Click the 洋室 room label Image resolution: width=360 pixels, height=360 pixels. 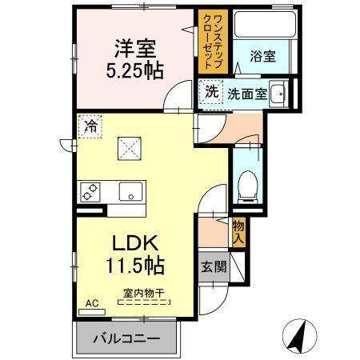tap(135, 49)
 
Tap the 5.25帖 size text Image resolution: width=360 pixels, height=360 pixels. tap(135, 71)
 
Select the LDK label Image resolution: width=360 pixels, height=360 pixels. tap(135, 243)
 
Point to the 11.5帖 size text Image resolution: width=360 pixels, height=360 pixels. tap(135, 265)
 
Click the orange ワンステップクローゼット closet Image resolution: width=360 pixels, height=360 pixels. tap(213, 42)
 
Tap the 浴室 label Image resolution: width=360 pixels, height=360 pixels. tap(262, 56)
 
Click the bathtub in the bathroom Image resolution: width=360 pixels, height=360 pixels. tap(265, 24)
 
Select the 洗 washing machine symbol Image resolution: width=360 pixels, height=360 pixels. tap(212, 92)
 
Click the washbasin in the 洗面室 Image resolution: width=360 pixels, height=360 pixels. tap(278, 94)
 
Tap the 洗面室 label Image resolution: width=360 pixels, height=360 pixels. tap(247, 94)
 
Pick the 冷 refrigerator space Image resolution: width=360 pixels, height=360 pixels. tap(90, 126)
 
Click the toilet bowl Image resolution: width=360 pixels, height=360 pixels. tap(248, 186)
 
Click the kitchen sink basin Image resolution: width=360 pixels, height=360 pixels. tap(130, 191)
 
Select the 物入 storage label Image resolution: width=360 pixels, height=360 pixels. tap(238, 232)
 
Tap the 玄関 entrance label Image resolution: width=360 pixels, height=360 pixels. tap(214, 266)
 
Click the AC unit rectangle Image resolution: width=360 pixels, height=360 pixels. tap(92, 312)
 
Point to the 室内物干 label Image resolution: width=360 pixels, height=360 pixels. tap(144, 294)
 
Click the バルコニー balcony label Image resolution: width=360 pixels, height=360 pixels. tap(126, 338)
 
